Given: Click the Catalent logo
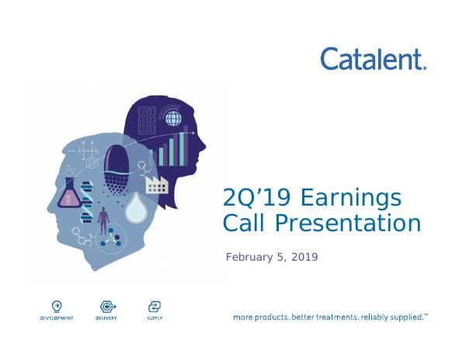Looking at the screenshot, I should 374,58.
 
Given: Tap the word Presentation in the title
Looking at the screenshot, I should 349,223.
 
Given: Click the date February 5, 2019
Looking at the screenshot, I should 272,257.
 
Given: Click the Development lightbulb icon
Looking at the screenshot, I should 57,305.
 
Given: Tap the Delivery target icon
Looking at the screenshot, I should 106,305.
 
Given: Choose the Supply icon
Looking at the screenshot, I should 154,305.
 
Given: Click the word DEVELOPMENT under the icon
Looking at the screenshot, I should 57,318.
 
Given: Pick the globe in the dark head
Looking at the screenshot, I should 175,119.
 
